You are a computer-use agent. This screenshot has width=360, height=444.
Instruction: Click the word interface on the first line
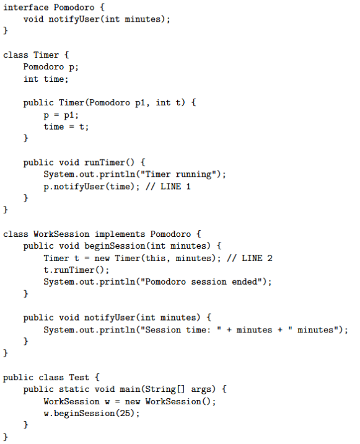coord(26,7)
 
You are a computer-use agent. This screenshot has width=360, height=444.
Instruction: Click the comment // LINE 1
coord(168,186)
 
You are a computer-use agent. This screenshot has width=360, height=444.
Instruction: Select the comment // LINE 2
coord(249,258)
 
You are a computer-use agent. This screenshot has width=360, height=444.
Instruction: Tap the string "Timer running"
coord(178,174)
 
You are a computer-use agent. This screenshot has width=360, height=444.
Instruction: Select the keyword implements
coord(120,234)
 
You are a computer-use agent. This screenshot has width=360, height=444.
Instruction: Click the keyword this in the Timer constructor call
coord(156,258)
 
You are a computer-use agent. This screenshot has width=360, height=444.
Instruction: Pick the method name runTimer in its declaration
coord(105,162)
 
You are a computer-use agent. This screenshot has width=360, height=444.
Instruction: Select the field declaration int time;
coord(46,79)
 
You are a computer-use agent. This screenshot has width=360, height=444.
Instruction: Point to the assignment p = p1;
coord(61,115)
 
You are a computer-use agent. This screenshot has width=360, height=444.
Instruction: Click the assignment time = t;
coord(66,127)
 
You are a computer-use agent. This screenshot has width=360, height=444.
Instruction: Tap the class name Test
coord(79,377)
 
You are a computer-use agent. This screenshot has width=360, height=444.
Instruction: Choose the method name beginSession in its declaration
coord(115,246)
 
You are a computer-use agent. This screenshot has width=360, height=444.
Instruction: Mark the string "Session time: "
coord(181,330)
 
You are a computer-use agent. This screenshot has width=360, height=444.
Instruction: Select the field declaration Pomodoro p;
coord(51,67)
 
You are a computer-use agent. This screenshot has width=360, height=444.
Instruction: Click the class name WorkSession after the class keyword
coord(61,234)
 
